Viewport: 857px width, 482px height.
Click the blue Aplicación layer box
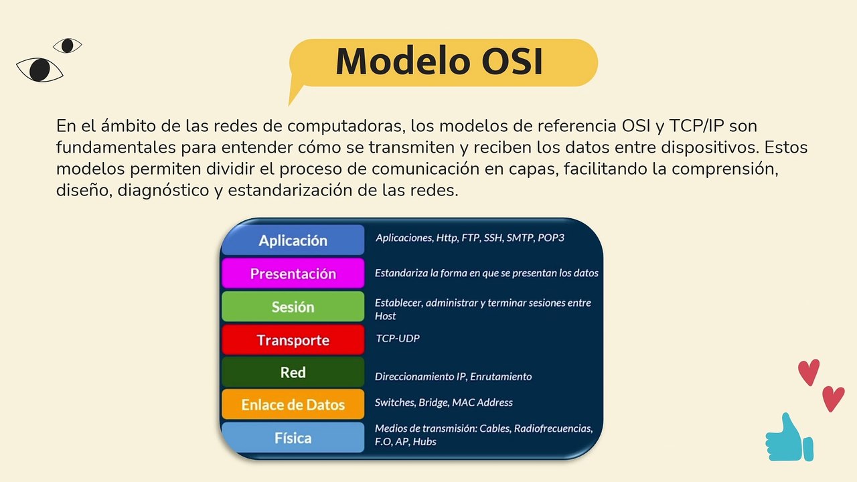(293, 240)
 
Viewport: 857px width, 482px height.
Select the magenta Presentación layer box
(293, 273)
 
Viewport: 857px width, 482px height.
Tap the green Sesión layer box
(293, 307)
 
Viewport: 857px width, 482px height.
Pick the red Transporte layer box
(293, 339)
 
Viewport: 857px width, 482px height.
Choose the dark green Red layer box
(293, 372)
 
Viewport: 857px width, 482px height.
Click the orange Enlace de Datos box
(293, 404)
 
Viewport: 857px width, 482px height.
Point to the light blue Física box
(293, 438)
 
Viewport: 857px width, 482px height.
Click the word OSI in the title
(512, 61)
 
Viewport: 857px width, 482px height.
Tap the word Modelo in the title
(403, 61)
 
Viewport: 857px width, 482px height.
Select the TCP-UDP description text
(398, 338)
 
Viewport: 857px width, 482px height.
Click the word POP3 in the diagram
(551, 238)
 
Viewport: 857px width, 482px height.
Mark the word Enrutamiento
(501, 376)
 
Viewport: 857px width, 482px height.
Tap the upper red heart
(809, 372)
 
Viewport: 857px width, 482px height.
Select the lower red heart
(834, 398)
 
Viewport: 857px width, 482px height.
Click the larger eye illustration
(40, 70)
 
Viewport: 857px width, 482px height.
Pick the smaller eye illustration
(68, 46)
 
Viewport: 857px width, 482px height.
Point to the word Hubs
(424, 441)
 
